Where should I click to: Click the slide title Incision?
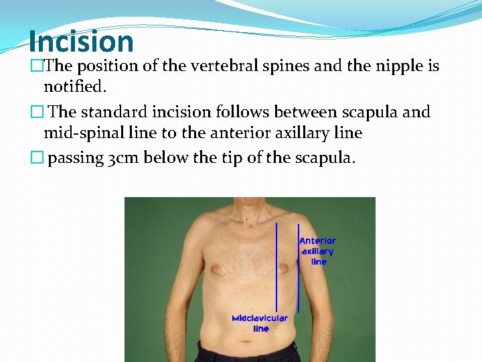[81, 42]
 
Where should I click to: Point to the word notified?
[75, 86]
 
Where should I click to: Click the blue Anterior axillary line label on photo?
[318, 251]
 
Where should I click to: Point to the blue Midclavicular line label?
[260, 323]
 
